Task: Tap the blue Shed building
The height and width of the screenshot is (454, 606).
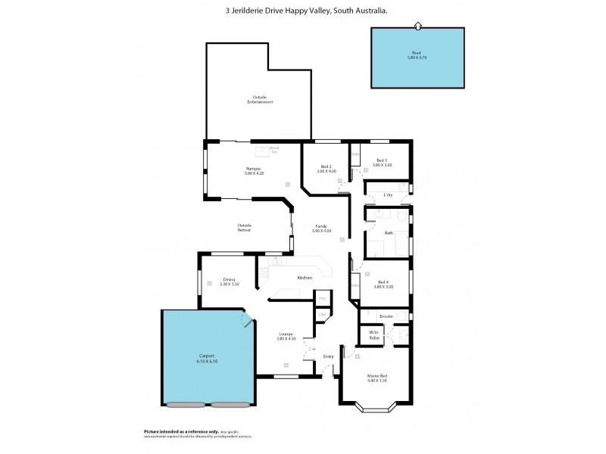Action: [x=417, y=58]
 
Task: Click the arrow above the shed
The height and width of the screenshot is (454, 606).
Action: [x=417, y=26]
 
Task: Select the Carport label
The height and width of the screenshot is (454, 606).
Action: [x=206, y=357]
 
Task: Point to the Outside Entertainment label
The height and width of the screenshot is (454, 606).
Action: [x=259, y=98]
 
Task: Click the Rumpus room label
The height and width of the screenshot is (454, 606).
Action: [x=253, y=170]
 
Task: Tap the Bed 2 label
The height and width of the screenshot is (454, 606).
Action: [x=326, y=168]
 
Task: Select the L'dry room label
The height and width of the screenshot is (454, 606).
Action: [x=388, y=194]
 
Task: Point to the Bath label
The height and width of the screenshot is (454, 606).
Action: [x=388, y=233]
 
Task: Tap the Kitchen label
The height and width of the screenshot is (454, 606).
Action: [x=305, y=278]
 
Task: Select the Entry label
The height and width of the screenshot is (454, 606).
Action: [x=328, y=356]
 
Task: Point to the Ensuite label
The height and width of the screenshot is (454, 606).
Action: [x=385, y=316]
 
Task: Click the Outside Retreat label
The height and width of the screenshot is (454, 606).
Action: [x=244, y=226]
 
